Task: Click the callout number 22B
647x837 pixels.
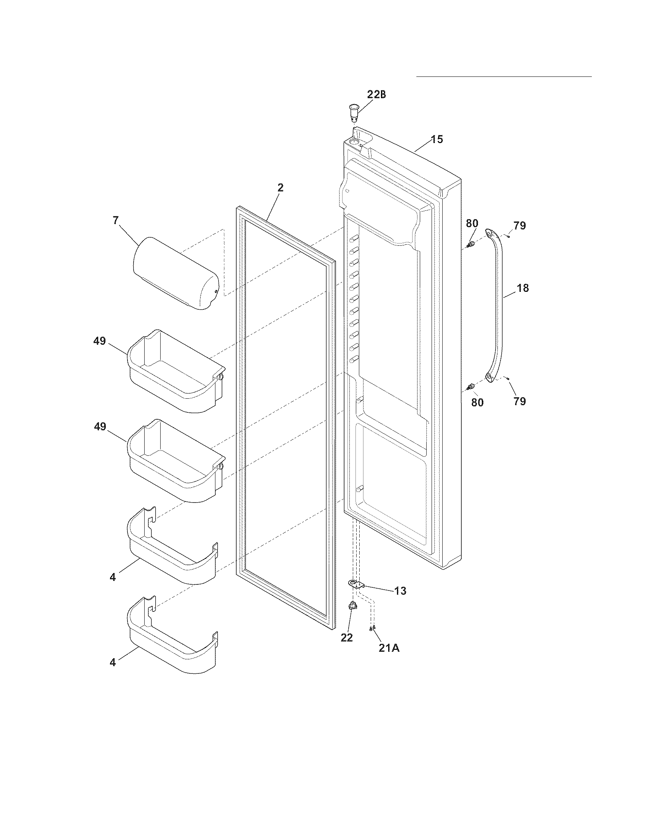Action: point(376,95)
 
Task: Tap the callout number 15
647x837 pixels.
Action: point(437,139)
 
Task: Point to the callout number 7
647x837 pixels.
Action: point(116,220)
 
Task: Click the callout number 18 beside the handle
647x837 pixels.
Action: point(523,288)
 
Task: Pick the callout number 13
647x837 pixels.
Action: point(400,590)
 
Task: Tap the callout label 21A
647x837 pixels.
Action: point(389,649)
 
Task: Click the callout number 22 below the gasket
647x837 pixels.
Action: point(346,638)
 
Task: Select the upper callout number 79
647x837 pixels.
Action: point(520,226)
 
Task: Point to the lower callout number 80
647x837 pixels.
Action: point(477,403)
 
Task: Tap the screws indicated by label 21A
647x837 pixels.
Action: point(372,628)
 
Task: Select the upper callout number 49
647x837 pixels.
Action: point(99,341)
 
